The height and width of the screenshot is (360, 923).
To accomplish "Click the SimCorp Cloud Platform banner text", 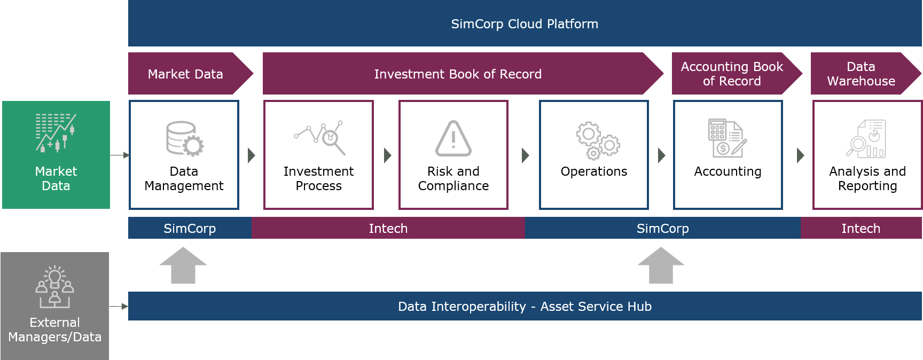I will point(525,24).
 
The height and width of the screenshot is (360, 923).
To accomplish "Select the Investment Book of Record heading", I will point(458,74).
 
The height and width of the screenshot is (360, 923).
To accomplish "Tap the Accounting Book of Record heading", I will point(732,74).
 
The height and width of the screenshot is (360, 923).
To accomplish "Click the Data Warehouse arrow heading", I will point(861,74).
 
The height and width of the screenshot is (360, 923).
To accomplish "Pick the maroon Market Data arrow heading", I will point(185,74).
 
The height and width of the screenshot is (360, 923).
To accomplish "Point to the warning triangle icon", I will point(453,139).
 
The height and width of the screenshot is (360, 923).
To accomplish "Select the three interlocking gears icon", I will point(597,140).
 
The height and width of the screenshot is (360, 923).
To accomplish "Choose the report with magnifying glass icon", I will point(866,139).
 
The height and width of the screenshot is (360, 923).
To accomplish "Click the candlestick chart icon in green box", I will point(56,132).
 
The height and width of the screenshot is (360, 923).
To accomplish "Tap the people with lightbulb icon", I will point(54,287).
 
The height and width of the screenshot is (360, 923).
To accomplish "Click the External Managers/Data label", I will point(54,330).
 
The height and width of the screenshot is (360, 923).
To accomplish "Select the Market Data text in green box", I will point(56,178).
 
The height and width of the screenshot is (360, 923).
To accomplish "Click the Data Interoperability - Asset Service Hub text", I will point(525,307).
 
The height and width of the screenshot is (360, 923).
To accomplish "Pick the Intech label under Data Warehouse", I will point(861,229).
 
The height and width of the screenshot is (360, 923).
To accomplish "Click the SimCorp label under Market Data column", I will point(190,229).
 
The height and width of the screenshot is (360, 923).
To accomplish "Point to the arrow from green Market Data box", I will point(120,155).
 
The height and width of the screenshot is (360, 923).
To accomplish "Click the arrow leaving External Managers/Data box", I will point(119,307).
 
